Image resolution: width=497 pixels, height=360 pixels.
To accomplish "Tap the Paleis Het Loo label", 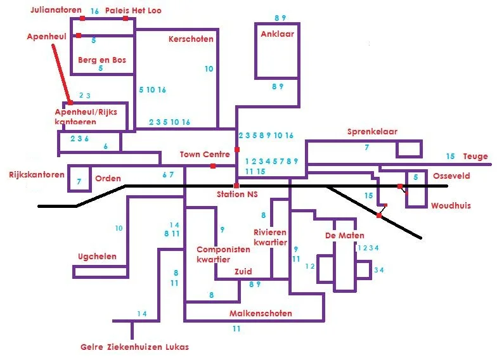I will click(133, 10).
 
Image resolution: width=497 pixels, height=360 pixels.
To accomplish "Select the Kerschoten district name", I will click(191, 39).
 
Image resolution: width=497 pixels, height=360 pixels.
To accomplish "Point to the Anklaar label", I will click(277, 34).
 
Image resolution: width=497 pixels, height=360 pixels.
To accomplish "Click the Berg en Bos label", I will click(102, 60).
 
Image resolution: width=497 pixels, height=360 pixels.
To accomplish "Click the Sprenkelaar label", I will click(372, 132).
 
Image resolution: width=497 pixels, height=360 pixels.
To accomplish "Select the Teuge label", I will click(475, 157).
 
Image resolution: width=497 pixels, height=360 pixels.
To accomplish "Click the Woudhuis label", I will click(451, 205).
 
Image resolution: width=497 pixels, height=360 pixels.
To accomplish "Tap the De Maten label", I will click(344, 235).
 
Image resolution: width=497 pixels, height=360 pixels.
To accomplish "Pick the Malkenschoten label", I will click(261, 314).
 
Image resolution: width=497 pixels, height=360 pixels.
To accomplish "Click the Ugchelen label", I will click(97, 256).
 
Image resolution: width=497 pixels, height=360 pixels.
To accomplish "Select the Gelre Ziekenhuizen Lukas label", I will click(134, 347).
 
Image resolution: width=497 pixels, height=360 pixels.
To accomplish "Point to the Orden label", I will click(108, 178).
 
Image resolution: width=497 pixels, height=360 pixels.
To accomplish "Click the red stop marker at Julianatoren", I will click(82, 18).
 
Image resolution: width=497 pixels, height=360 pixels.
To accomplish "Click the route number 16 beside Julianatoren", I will click(94, 11).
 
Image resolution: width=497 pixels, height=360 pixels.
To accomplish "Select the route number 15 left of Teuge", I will click(450, 157).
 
